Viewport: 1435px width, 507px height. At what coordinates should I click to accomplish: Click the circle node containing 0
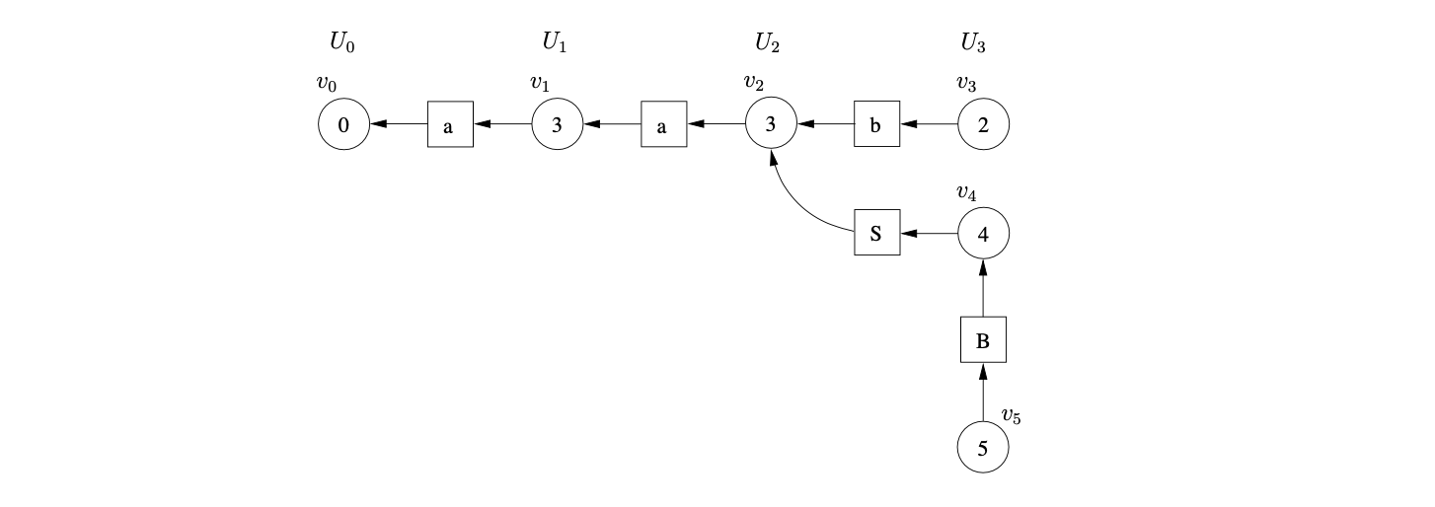[x=343, y=125]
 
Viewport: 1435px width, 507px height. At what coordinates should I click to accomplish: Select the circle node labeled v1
[x=557, y=125]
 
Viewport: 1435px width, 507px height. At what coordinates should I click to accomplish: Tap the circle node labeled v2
[x=770, y=125]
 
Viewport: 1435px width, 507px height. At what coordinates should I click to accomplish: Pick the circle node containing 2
[x=983, y=125]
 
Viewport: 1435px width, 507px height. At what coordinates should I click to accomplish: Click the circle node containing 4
[x=983, y=234]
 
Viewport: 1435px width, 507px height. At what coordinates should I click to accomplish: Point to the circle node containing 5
[x=983, y=449]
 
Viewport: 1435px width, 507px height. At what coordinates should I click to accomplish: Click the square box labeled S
[x=876, y=234]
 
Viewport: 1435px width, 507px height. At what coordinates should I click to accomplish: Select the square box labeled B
[x=983, y=341]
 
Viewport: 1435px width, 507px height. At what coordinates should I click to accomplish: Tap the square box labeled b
[x=876, y=125]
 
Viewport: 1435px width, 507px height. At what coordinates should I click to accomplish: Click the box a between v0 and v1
[x=450, y=125]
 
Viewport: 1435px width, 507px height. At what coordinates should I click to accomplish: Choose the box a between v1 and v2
[x=663, y=125]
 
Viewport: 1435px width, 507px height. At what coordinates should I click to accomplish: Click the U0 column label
[x=340, y=42]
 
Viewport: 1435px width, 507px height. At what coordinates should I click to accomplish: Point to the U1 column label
[x=554, y=42]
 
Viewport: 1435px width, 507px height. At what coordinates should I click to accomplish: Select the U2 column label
[x=767, y=42]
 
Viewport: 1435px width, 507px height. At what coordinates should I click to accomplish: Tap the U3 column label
[x=972, y=42]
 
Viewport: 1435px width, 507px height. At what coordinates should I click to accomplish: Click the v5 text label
[x=1011, y=416]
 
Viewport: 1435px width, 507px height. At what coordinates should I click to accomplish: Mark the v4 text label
[x=966, y=192]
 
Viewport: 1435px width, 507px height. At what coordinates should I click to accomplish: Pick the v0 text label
[x=326, y=84]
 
